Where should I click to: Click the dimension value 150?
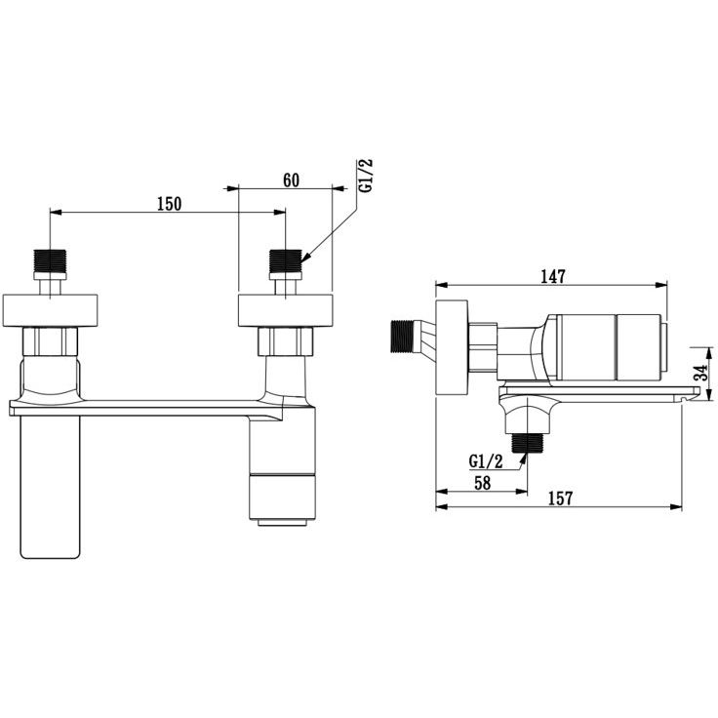[x=170, y=204]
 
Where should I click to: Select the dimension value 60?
[x=292, y=180]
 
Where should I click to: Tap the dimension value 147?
[x=553, y=277]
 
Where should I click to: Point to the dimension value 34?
[x=700, y=373]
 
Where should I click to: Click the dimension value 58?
[x=482, y=483]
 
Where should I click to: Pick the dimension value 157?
[x=561, y=499]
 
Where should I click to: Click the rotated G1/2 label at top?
[x=366, y=176]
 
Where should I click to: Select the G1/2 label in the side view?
[x=486, y=461]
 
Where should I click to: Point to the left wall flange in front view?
[x=50, y=310]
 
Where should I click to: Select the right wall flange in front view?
[x=285, y=310]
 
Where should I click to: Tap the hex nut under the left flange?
[x=51, y=341]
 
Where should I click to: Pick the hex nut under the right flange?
[x=285, y=341]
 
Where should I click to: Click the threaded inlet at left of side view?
[x=402, y=337]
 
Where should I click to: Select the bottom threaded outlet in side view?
[x=527, y=443]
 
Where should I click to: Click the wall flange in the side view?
[x=452, y=346]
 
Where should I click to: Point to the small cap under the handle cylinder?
[x=282, y=523]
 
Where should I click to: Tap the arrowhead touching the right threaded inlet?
[x=305, y=258]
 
